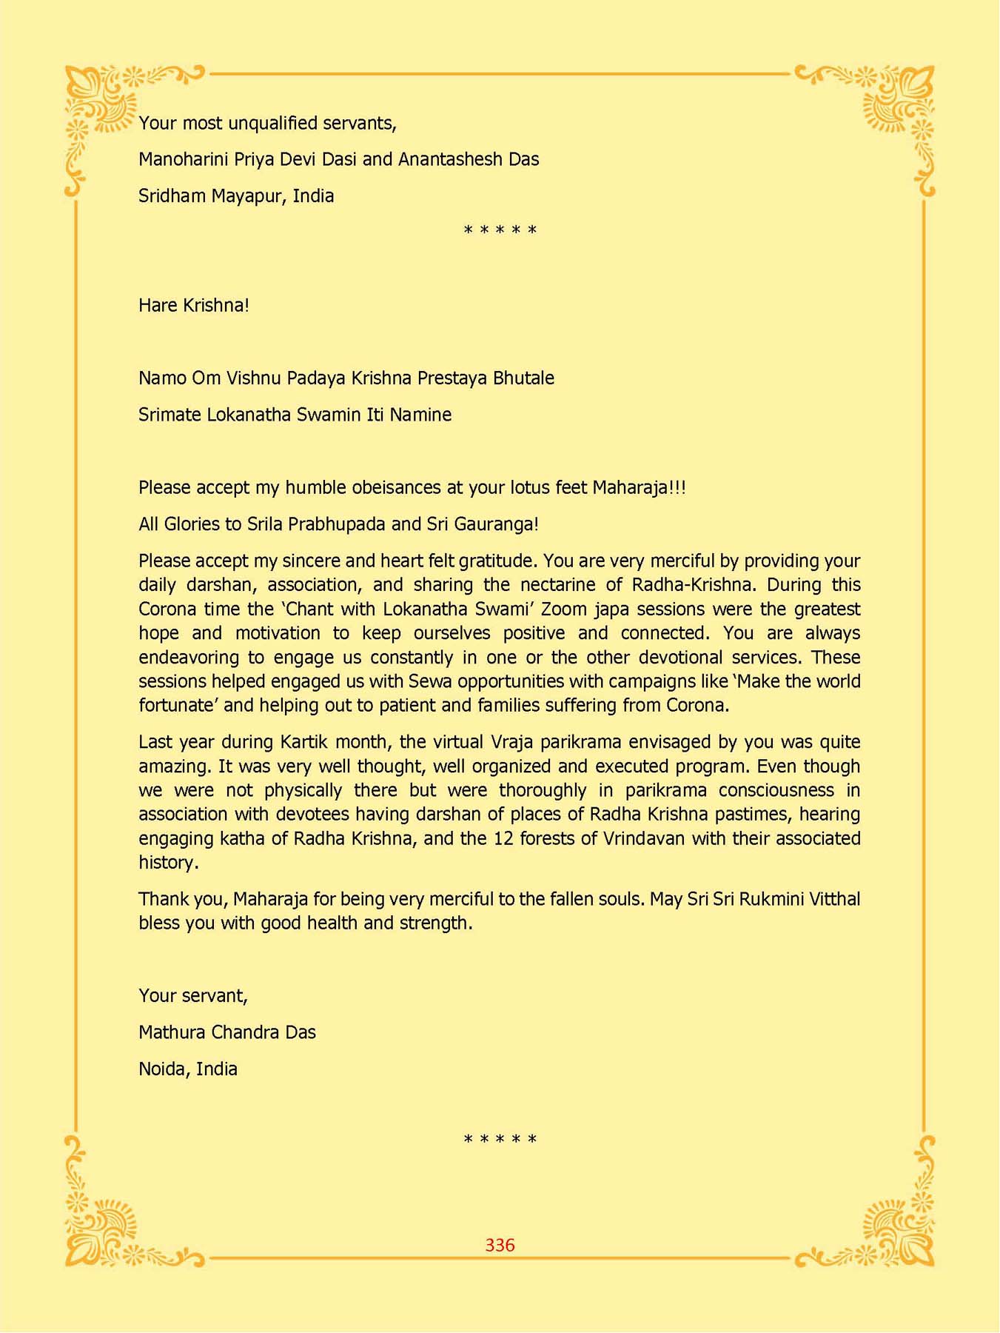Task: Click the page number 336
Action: [x=500, y=1245]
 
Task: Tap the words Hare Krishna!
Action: [x=194, y=305]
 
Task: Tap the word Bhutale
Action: [x=523, y=378]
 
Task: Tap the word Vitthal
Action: [x=834, y=899]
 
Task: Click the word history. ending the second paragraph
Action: [x=169, y=863]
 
